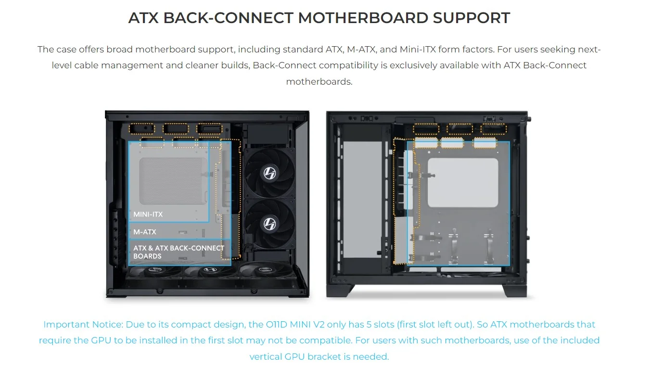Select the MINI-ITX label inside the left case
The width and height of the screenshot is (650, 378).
148,214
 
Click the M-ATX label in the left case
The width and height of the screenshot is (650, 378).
145,232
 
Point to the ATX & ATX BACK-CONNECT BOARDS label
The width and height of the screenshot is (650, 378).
178,252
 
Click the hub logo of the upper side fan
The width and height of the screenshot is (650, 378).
269,172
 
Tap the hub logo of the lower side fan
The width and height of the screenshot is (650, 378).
269,223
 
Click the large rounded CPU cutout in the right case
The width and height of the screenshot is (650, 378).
463,183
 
